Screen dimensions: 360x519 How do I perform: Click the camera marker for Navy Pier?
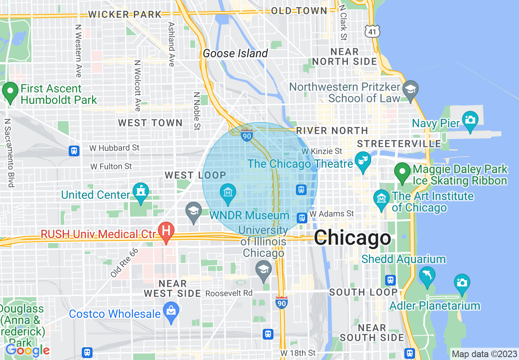[470, 120]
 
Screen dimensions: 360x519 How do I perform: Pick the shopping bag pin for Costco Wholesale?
[171, 311]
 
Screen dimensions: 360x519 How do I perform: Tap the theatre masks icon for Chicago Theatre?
[362, 160]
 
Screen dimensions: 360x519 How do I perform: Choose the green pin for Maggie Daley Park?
[402, 172]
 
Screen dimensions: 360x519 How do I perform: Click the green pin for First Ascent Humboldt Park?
[10, 92]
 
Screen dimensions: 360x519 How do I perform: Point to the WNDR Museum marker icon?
[228, 193]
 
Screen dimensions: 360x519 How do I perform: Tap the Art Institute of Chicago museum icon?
[381, 199]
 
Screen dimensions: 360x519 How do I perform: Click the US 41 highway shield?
[373, 31]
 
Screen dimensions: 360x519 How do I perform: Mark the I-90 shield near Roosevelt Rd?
[281, 302]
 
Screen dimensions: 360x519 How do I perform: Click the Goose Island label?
[235, 53]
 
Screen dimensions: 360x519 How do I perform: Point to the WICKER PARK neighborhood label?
[125, 14]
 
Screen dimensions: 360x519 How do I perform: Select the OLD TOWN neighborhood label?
[299, 11]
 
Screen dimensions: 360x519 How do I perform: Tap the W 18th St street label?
[298, 353]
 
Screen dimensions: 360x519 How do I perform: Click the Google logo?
[27, 350]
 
